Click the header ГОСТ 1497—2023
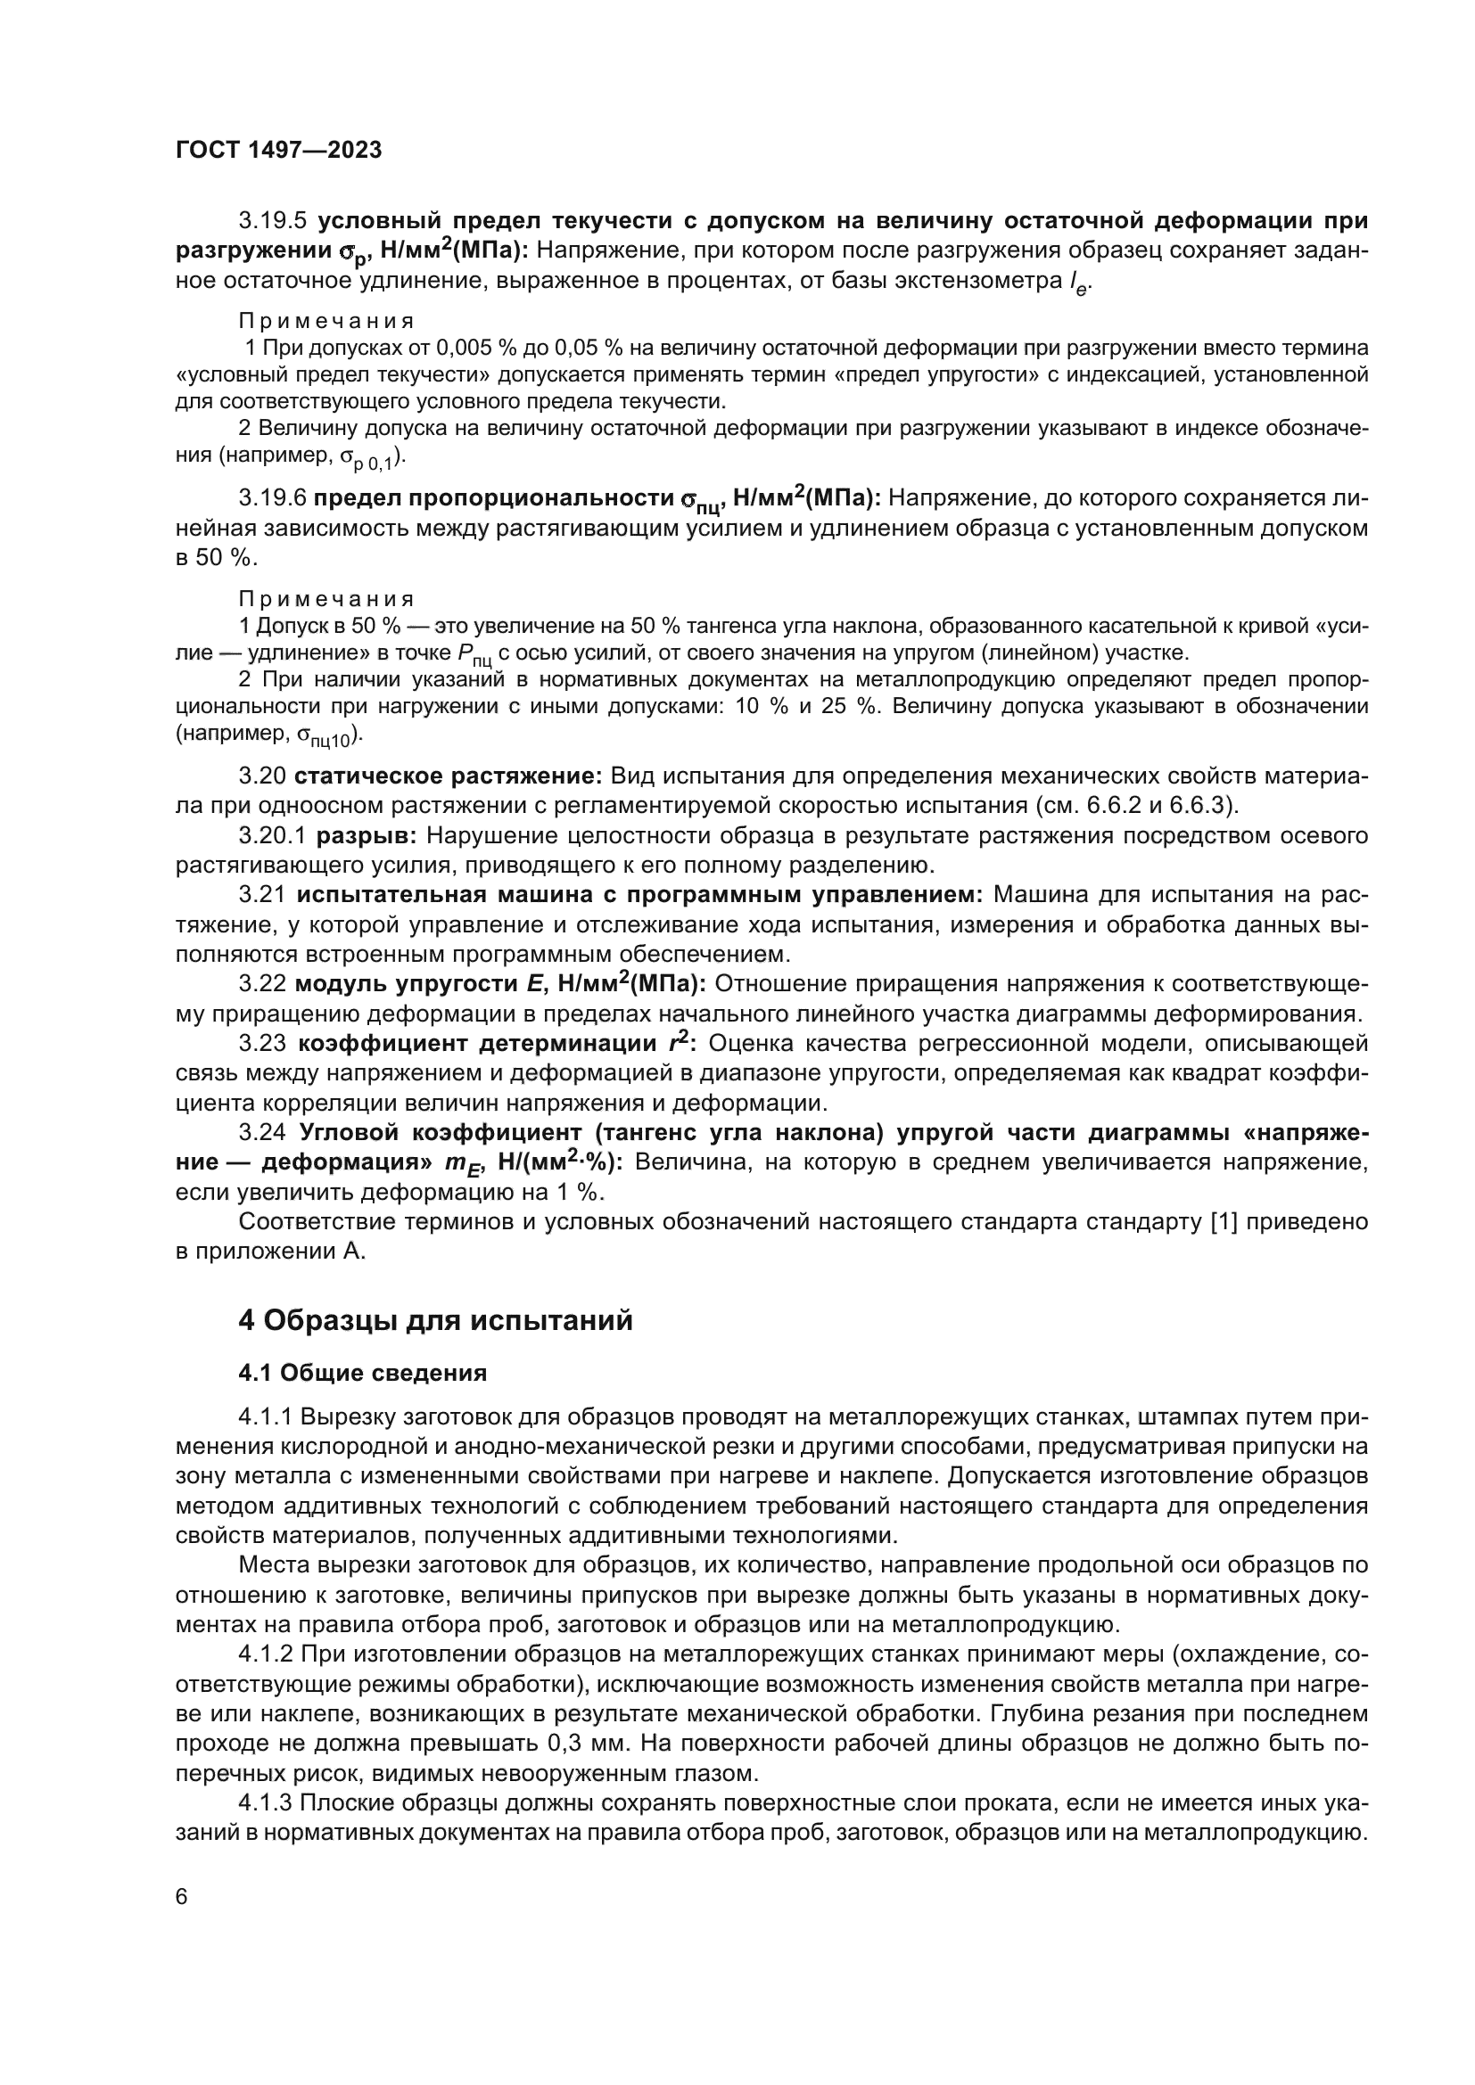click(x=278, y=151)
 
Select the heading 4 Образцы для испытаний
click(x=435, y=1320)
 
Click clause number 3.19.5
click(x=274, y=221)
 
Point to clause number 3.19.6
click(x=274, y=498)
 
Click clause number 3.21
click(x=262, y=894)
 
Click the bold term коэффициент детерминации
click(x=479, y=1044)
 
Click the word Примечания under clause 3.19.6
click(x=326, y=599)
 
